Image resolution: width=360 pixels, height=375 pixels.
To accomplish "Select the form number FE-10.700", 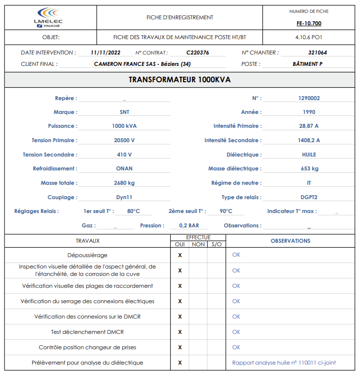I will point(309,23).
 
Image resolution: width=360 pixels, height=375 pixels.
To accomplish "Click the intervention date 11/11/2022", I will point(106,53).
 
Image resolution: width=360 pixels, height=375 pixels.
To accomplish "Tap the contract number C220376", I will point(198,53).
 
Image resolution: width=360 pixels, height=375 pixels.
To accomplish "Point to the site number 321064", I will point(317,53).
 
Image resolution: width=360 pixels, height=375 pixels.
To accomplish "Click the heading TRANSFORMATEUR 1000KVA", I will point(180,80).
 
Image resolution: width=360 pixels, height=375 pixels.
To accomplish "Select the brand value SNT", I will point(124,112).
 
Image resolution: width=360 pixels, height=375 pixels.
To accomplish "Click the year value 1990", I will point(309,112).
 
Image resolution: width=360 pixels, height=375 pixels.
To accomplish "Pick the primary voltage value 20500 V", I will point(124,140).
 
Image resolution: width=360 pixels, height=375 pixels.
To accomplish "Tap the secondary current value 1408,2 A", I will point(309,140).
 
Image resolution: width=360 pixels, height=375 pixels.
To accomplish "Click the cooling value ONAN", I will point(124,168).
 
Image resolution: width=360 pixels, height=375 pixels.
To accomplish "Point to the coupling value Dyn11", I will point(124,197).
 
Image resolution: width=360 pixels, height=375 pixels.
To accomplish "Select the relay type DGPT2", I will point(309,197).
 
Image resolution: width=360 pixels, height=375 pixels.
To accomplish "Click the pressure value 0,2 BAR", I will point(189,225).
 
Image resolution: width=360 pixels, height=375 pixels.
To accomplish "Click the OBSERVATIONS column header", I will point(290,241).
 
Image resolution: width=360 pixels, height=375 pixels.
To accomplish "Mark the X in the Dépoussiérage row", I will point(180,255).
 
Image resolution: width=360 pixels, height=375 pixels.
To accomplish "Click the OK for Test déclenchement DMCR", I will point(236,332).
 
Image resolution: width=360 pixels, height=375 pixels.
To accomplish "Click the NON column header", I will point(198,244).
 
